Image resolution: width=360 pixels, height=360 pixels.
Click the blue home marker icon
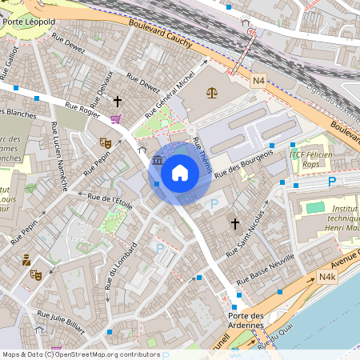(x=180, y=171)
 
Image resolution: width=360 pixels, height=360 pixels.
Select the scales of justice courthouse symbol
(x=211, y=92)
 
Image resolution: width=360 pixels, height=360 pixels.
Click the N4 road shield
(x=258, y=81)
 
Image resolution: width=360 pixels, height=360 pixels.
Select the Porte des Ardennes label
(x=241, y=319)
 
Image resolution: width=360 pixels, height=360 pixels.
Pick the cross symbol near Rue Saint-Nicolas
(x=235, y=224)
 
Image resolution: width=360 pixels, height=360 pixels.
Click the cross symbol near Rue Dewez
(x=118, y=102)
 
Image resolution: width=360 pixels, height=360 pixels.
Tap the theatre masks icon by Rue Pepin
(x=104, y=142)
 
